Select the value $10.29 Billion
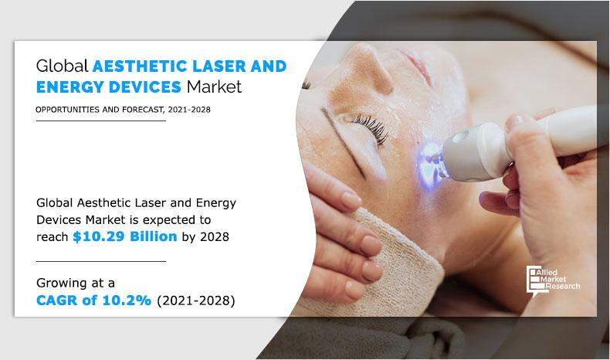pos(125,237)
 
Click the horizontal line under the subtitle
pos(100,121)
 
